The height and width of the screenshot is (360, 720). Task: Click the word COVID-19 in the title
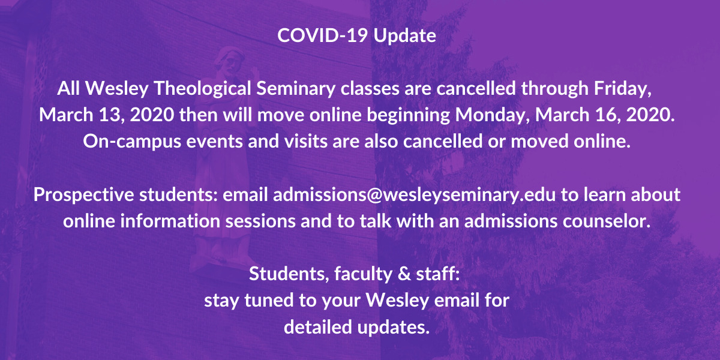322,35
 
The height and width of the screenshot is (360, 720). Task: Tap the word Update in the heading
405,36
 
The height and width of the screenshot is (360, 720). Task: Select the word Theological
203,89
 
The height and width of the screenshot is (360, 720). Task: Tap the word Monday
493,115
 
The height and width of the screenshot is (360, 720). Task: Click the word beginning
409,115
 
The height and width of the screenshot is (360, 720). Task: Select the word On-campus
132,142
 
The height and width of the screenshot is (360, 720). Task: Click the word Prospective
83,195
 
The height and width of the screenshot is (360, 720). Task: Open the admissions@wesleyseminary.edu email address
415,195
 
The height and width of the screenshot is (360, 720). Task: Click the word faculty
363,275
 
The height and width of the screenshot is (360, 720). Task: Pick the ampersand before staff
404,274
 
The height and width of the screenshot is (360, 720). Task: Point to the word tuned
269,301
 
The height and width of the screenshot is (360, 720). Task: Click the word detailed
318,327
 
